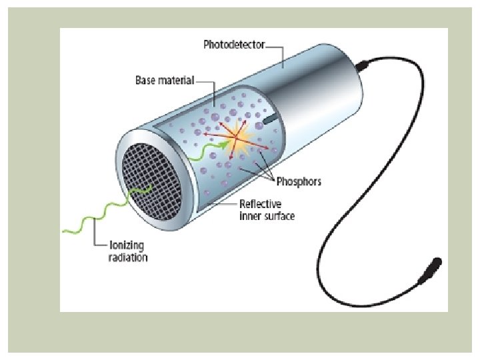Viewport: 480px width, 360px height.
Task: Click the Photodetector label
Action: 233,45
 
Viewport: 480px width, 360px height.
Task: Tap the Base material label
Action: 164,81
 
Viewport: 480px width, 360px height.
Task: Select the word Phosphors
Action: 299,181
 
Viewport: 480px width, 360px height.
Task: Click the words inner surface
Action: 267,215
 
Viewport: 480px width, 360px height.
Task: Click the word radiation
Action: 128,257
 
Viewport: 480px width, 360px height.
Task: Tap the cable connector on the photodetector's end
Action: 364,66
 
